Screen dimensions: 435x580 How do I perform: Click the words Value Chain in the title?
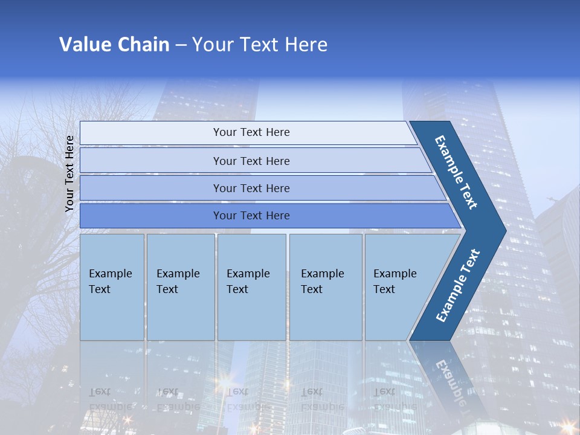pyautogui.click(x=114, y=45)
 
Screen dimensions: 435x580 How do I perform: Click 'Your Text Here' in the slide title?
pyautogui.click(x=260, y=45)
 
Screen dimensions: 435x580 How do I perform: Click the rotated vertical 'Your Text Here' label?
pyautogui.click(x=69, y=173)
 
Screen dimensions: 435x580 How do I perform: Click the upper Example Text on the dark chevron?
pyautogui.click(x=456, y=172)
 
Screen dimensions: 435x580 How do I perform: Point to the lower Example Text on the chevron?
pyautogui.click(x=457, y=286)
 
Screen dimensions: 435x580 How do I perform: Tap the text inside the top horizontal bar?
pyautogui.click(x=251, y=132)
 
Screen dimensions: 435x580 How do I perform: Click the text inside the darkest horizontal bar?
pyautogui.click(x=251, y=216)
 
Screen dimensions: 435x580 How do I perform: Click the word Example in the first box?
pyautogui.click(x=110, y=274)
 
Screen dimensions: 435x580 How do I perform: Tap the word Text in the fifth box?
pyautogui.click(x=384, y=289)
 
